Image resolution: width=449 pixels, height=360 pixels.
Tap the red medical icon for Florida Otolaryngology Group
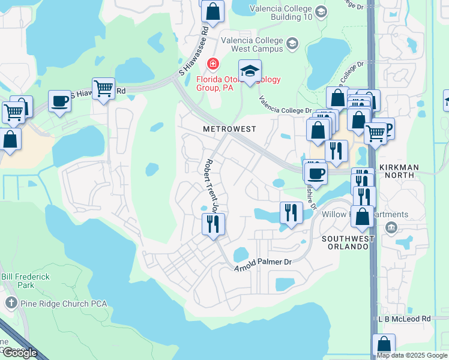212,64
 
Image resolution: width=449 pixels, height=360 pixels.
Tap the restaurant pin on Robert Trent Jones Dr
213,224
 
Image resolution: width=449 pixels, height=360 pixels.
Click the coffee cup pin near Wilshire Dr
315,173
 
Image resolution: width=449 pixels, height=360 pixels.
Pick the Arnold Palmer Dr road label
262,262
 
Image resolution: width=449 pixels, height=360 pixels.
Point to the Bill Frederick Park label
25,281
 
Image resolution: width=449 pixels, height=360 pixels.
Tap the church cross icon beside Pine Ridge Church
10,304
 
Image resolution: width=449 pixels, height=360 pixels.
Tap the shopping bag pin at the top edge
212,10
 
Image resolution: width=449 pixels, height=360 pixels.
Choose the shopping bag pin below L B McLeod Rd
384,346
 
